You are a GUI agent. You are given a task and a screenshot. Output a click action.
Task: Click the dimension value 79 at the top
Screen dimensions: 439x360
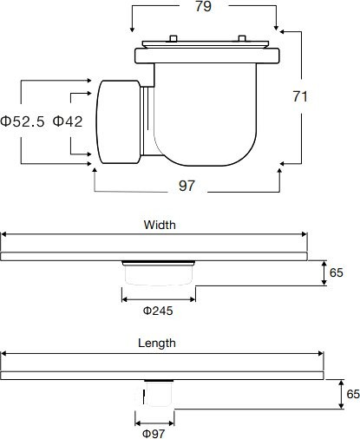[204, 8]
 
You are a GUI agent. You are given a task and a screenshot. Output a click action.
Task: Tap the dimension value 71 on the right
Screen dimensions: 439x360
[300, 97]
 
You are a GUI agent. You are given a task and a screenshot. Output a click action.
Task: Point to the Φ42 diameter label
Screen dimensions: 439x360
[68, 121]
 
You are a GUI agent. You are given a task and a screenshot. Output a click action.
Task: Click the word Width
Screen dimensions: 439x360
[159, 225]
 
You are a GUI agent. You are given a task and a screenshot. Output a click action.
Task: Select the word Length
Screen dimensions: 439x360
[157, 344]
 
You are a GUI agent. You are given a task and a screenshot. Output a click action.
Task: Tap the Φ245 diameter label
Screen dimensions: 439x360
[157, 309]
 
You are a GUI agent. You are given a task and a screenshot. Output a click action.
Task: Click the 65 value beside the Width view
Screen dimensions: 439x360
[337, 273]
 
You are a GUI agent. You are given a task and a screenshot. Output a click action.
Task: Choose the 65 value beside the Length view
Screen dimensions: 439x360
[352, 393]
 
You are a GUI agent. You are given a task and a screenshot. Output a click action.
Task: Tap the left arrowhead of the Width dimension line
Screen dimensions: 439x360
[3, 234]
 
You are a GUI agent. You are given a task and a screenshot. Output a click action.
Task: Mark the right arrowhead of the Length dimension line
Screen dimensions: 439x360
[321, 353]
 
